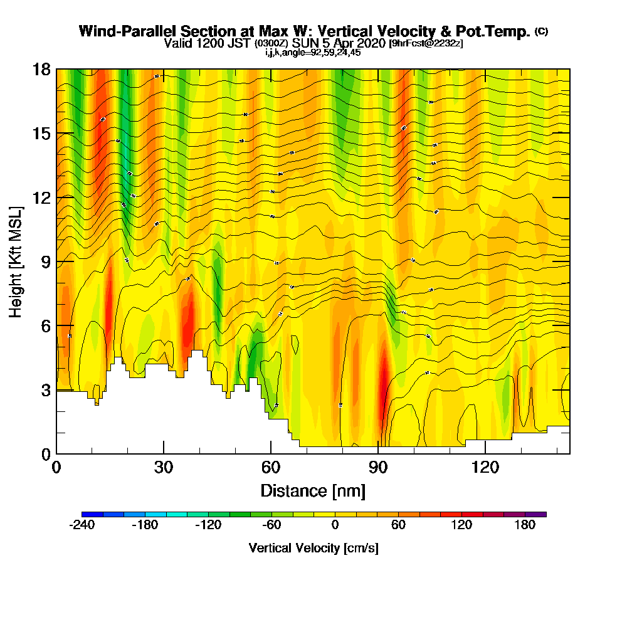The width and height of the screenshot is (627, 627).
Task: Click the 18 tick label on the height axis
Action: click(x=42, y=70)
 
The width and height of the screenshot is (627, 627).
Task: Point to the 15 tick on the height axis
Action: click(x=42, y=134)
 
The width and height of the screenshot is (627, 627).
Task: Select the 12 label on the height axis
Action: click(x=42, y=198)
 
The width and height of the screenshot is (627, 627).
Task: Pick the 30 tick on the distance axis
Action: click(x=164, y=468)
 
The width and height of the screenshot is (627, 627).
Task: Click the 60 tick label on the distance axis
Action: click(x=271, y=468)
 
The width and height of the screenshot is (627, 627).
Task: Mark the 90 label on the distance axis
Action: click(x=378, y=468)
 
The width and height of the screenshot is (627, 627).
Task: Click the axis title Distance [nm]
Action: click(x=313, y=490)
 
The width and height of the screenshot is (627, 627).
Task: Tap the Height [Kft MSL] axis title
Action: click(x=16, y=261)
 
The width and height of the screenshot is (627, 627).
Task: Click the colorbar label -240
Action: click(x=82, y=525)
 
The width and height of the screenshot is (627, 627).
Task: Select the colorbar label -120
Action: click(x=208, y=525)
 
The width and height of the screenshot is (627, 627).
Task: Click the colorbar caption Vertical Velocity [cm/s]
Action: click(x=313, y=548)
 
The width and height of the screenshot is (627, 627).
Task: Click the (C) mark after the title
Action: click(x=541, y=31)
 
